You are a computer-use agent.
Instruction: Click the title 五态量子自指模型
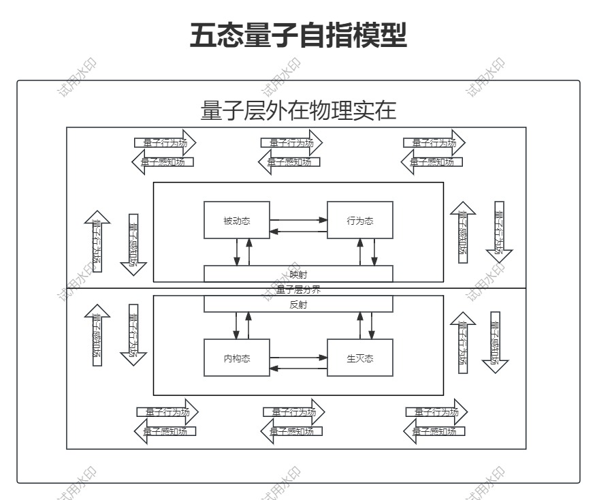click(298, 36)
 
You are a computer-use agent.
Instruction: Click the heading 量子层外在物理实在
click(298, 110)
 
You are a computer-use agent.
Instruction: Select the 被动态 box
click(237, 220)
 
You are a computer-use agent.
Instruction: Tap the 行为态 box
click(360, 220)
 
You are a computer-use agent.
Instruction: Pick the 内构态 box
click(237, 358)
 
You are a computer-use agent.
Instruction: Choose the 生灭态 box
click(360, 358)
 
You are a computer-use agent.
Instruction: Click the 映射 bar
click(298, 274)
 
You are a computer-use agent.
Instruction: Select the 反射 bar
click(298, 304)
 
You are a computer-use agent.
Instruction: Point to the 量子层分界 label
click(298, 290)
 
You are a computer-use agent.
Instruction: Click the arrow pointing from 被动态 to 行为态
click(298, 219)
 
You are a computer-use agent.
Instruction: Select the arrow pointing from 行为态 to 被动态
click(298, 232)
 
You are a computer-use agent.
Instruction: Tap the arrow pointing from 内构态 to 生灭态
click(298, 356)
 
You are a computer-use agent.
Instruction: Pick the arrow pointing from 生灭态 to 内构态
click(298, 369)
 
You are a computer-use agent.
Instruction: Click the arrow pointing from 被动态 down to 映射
click(237, 252)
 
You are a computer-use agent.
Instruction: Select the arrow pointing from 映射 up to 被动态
click(249, 252)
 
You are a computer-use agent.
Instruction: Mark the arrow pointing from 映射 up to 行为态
click(360, 252)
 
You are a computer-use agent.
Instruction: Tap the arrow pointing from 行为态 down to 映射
click(373, 252)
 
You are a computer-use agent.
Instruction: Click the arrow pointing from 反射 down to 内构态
click(237, 326)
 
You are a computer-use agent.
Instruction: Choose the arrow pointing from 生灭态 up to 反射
click(360, 326)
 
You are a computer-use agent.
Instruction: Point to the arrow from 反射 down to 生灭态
click(372, 326)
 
